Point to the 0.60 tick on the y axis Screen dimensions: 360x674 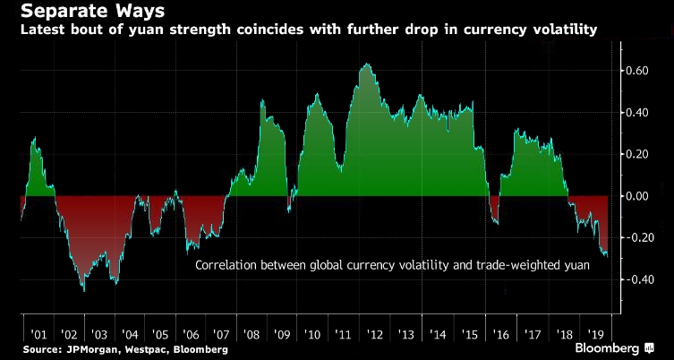[639, 71]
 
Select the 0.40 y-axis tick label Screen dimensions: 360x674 [639, 113]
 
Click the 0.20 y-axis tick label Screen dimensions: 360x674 [639, 154]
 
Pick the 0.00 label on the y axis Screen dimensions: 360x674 [639, 196]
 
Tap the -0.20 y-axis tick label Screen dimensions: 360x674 [637, 238]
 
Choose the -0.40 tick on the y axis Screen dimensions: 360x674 [637, 279]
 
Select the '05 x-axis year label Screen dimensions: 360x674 [161, 332]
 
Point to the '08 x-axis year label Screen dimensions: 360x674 [253, 332]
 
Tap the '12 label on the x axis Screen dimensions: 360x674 [376, 332]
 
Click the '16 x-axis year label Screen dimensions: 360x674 [499, 332]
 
